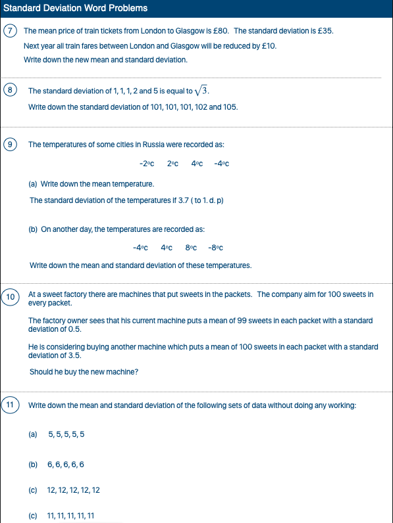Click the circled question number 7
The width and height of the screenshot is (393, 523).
[9, 31]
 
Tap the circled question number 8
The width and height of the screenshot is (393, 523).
[11, 90]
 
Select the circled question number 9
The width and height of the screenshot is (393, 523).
[11, 144]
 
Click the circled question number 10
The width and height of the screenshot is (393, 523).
[11, 297]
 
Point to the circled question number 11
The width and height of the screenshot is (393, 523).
[11, 405]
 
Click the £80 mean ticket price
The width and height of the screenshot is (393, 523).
[223, 31]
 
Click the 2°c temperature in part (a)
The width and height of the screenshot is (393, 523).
[172, 164]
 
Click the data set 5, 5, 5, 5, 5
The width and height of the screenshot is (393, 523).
[66, 434]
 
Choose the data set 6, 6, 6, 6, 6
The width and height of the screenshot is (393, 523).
[66, 465]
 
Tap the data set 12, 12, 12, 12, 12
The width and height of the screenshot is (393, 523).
[74, 490]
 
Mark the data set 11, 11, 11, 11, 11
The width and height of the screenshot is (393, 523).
[71, 516]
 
